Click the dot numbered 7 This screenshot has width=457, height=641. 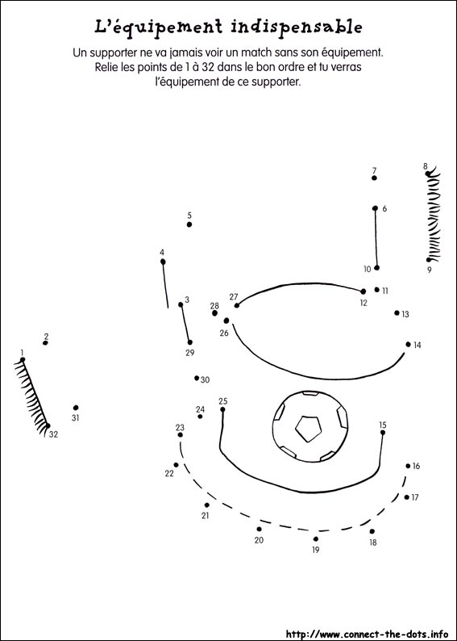point(374,178)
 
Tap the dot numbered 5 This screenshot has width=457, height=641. point(189,224)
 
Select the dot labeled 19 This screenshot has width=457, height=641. point(316,538)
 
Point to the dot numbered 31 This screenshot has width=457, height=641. point(76,408)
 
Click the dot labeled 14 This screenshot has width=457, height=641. point(408,344)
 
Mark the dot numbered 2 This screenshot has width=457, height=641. point(45,342)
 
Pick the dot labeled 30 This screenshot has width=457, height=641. point(197,378)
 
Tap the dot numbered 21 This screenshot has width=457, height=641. point(207,505)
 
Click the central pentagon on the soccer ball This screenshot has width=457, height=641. point(309,429)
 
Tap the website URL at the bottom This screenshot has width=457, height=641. point(364,634)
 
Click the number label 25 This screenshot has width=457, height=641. point(222,401)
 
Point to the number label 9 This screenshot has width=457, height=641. point(430,270)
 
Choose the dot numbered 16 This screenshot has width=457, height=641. point(408,466)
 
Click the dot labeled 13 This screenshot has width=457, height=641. point(397,312)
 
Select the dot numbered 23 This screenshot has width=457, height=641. point(181,434)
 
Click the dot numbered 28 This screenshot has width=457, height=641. point(214,313)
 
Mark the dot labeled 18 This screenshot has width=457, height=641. point(372,531)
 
